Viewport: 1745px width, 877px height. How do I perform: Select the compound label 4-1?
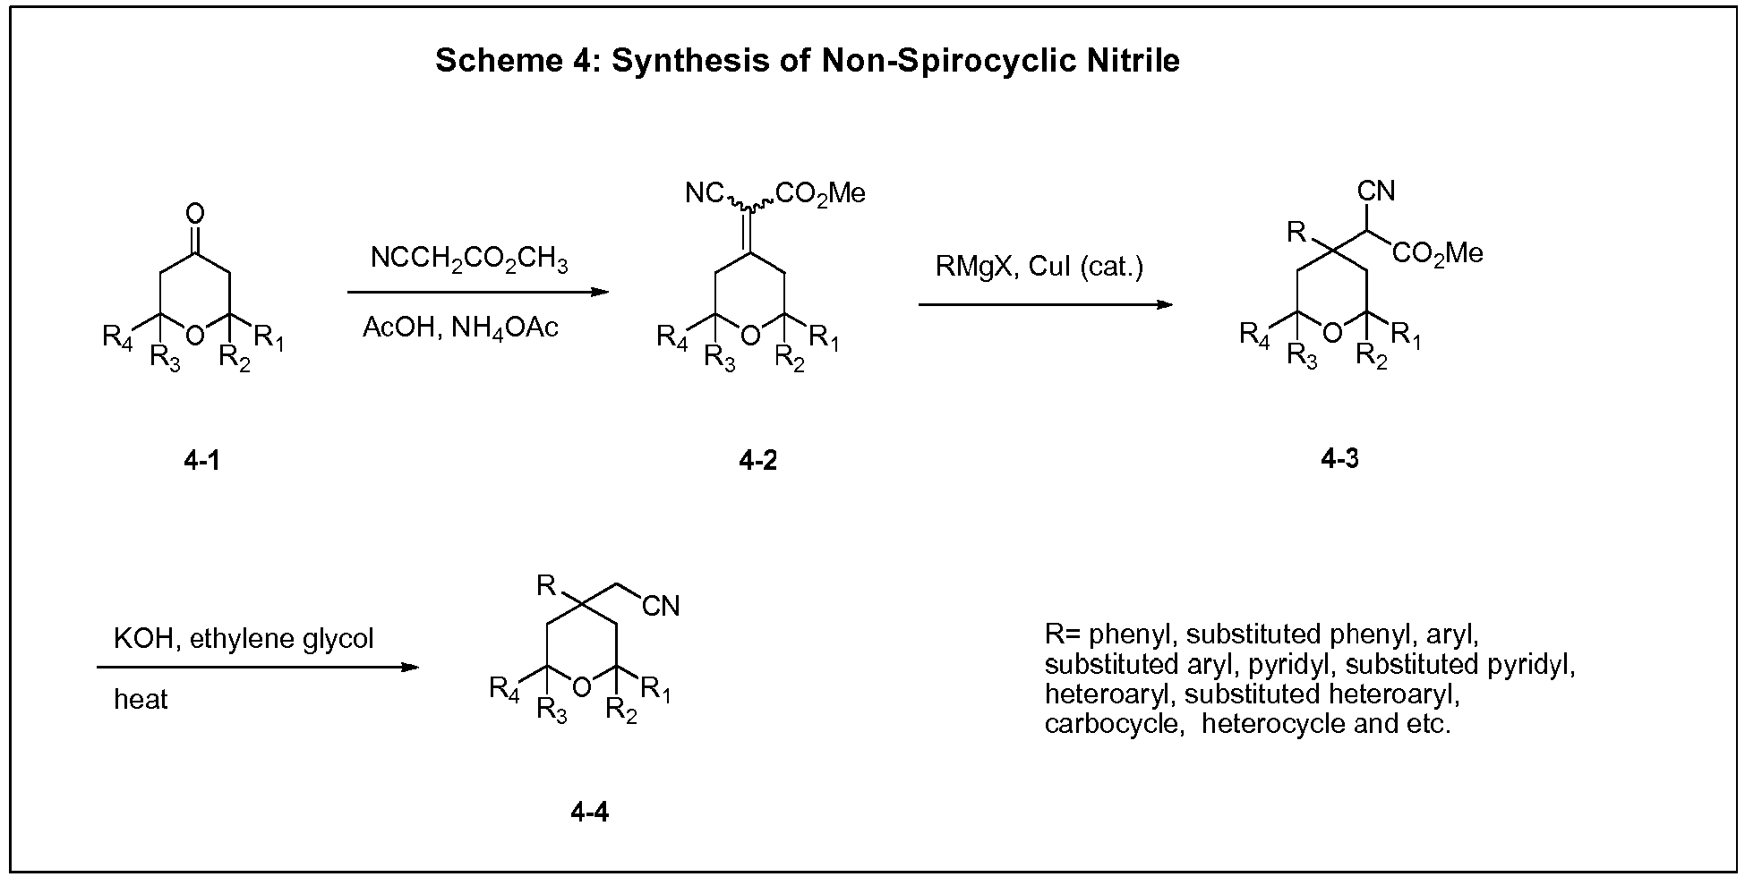(201, 461)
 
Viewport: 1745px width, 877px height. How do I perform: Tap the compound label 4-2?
(758, 461)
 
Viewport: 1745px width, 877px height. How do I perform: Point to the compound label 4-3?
(1339, 459)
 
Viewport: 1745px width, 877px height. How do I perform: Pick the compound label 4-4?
(590, 812)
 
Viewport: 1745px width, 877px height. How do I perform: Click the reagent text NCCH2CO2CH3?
(469, 261)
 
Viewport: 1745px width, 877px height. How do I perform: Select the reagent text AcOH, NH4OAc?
(460, 328)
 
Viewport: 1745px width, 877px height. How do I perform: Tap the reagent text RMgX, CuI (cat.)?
(1039, 267)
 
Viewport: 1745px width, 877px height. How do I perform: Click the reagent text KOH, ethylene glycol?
(244, 639)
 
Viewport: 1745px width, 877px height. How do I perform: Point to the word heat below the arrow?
(141, 699)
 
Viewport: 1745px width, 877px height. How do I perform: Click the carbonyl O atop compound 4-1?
(195, 214)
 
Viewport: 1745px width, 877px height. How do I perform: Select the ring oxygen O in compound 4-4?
(582, 686)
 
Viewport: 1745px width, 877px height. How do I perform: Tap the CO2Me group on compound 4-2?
(821, 193)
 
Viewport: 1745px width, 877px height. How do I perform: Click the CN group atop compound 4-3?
(1376, 191)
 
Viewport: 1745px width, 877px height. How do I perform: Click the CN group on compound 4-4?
(662, 606)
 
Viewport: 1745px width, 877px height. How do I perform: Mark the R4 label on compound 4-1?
(117, 338)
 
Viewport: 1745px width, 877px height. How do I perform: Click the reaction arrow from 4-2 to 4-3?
(1046, 304)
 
